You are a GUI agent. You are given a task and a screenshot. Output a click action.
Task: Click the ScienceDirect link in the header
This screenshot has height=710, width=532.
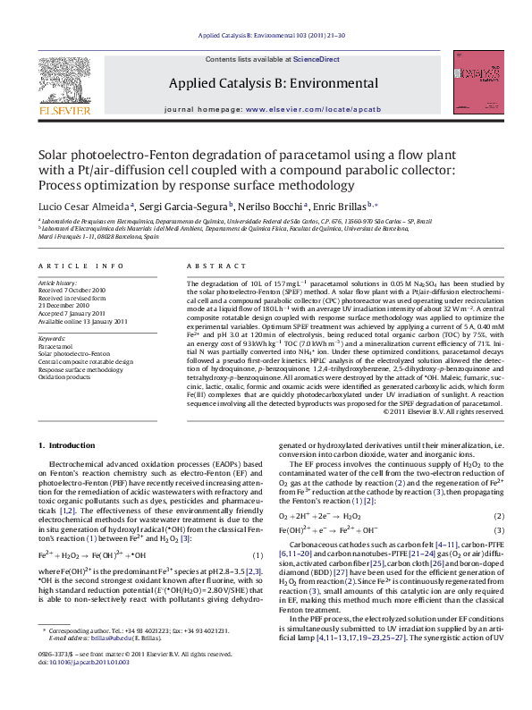click(317, 59)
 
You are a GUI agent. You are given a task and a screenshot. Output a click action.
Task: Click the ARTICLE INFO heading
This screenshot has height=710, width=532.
click(80, 266)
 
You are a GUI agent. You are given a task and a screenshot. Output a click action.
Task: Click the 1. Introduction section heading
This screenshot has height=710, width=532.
click(70, 444)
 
